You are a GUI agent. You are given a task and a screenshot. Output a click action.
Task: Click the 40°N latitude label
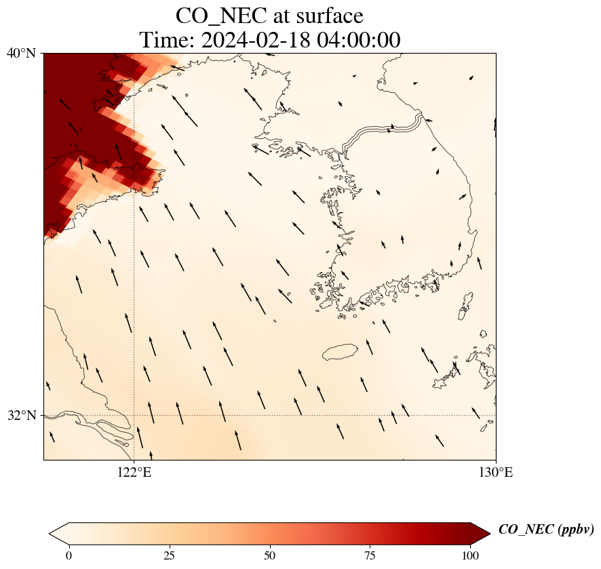[21, 53]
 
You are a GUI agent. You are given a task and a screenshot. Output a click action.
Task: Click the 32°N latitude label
[21, 415]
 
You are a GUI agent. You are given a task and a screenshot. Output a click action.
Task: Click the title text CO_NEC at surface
[269, 16]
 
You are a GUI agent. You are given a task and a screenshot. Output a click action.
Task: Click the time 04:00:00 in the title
[356, 40]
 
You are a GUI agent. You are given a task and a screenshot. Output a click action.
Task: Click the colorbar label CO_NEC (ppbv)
[546, 530]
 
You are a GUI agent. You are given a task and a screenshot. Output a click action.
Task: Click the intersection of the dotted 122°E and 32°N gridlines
[134, 415]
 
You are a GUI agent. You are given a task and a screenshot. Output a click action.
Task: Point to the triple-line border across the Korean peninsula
[383, 130]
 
